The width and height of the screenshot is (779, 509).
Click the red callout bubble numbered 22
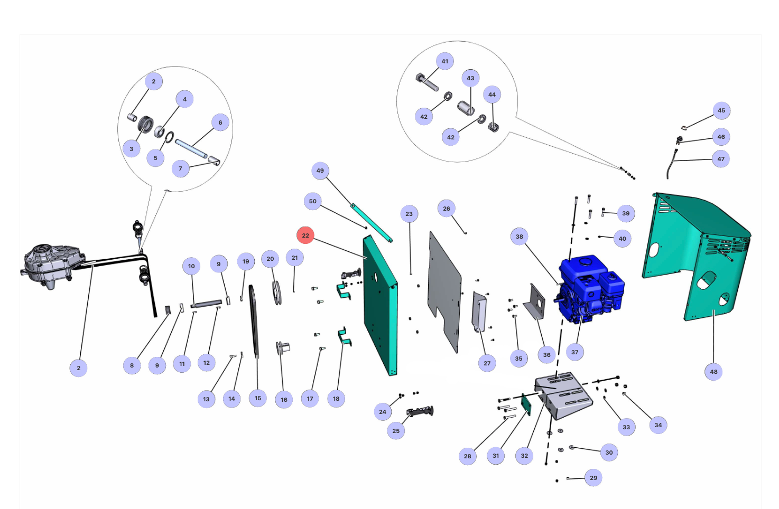click(x=305, y=235)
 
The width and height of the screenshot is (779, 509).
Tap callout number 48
click(x=713, y=372)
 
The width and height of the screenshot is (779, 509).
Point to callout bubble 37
click(x=574, y=352)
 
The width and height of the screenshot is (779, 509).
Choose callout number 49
click(x=320, y=171)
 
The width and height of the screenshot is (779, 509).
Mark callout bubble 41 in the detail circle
click(x=445, y=61)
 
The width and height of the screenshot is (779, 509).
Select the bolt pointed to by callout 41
click(x=428, y=82)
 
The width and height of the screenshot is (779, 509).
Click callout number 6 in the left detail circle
click(x=220, y=122)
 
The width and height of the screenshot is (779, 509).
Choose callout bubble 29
click(x=593, y=478)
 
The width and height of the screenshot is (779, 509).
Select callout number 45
click(x=721, y=110)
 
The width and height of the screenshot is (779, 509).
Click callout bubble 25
click(x=396, y=431)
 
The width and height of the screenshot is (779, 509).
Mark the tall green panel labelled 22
click(x=379, y=306)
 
